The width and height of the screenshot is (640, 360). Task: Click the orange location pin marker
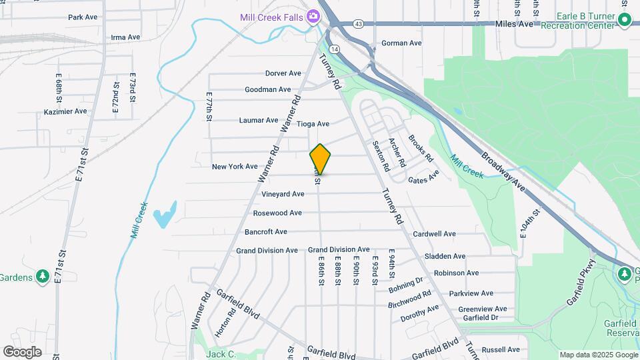320,159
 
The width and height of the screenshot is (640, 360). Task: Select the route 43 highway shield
359,24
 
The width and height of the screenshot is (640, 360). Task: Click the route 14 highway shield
334,49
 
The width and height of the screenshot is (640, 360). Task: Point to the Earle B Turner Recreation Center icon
624,21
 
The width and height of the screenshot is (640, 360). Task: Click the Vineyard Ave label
283,194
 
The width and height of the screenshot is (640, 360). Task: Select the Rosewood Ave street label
277,213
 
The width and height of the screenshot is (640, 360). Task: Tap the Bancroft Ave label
265,232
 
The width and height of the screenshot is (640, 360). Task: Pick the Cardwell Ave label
434,234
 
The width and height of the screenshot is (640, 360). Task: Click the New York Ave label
235,167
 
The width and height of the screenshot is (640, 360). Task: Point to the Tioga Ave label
313,124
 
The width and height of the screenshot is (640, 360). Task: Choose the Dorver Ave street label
283,73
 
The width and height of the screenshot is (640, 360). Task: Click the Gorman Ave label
401,43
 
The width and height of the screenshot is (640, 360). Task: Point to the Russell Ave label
500,349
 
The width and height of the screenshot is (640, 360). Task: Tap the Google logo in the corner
22,352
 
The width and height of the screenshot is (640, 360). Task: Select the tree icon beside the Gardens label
43,275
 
